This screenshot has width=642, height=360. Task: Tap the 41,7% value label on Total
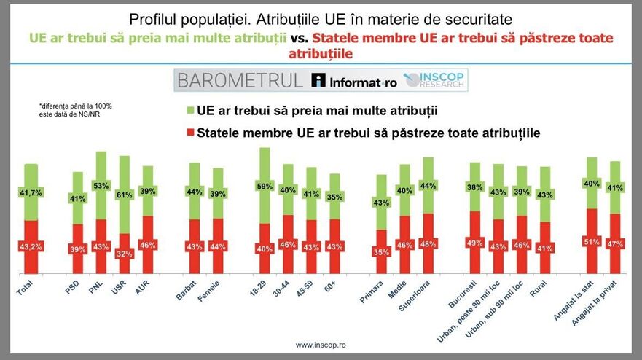31,192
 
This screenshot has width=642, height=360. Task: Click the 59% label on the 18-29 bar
265,186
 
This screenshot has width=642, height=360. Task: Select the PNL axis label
95,290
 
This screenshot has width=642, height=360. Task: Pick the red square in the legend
191,133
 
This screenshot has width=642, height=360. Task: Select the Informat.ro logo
353,81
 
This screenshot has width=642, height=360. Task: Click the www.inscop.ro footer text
321,344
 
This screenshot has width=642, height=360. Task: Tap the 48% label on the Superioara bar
428,243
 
